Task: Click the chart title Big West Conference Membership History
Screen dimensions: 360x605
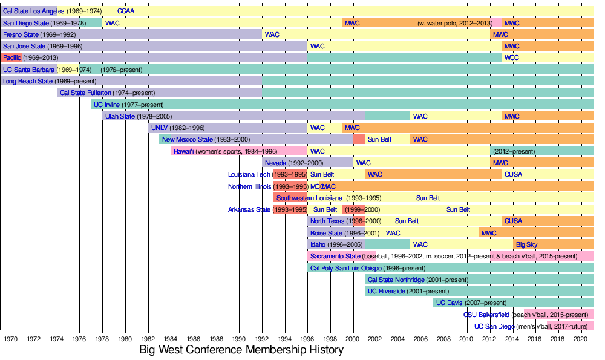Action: pyautogui.click(x=241, y=350)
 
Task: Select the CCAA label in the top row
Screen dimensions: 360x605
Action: pyautogui.click(x=126, y=11)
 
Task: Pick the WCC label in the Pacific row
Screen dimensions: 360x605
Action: pyautogui.click(x=512, y=58)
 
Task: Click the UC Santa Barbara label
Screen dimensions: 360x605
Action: pyautogui.click(x=29, y=70)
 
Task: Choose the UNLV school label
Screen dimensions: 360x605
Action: pyautogui.click(x=160, y=128)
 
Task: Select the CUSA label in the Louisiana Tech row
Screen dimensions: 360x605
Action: pyautogui.click(x=513, y=175)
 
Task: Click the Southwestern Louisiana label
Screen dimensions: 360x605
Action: pyautogui.click(x=310, y=198)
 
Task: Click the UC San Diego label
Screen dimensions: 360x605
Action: pyautogui.click(x=494, y=326)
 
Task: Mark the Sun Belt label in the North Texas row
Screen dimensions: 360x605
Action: pyautogui.click(x=407, y=221)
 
